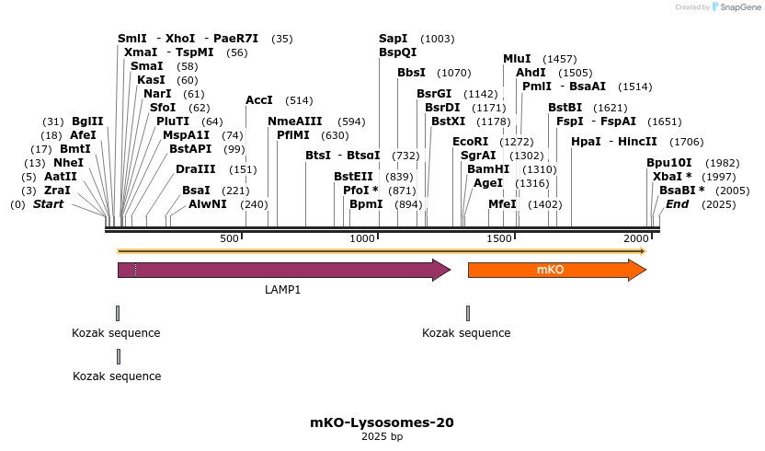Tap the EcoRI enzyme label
click(x=470, y=142)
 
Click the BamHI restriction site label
click(x=487, y=169)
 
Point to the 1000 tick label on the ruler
click(x=362, y=239)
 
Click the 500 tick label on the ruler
click(x=229, y=239)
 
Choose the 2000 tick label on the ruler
click(x=635, y=239)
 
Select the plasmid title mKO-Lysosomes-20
click(x=382, y=423)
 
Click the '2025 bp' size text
click(x=382, y=437)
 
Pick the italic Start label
click(x=48, y=204)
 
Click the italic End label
click(x=677, y=204)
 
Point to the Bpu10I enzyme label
click(x=668, y=163)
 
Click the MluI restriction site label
click(x=517, y=59)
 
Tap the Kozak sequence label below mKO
click(x=466, y=333)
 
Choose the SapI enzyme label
click(x=394, y=39)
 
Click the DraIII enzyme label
click(x=195, y=169)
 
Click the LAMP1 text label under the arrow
click(x=283, y=290)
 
